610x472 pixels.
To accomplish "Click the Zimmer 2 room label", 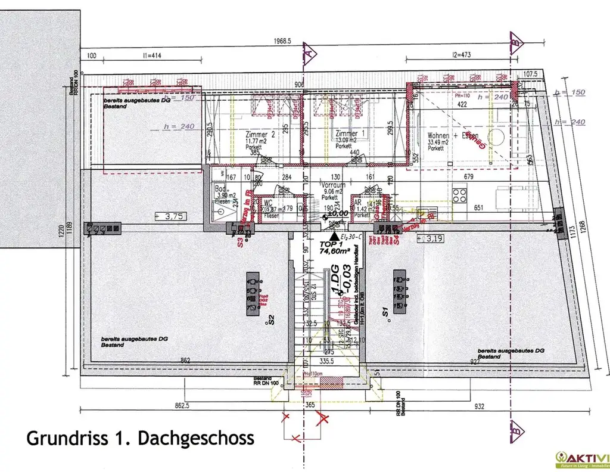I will pos(260,135).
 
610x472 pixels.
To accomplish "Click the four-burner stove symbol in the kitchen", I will pos(459,196).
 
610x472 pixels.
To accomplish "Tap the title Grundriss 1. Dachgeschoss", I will pos(140,438).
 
